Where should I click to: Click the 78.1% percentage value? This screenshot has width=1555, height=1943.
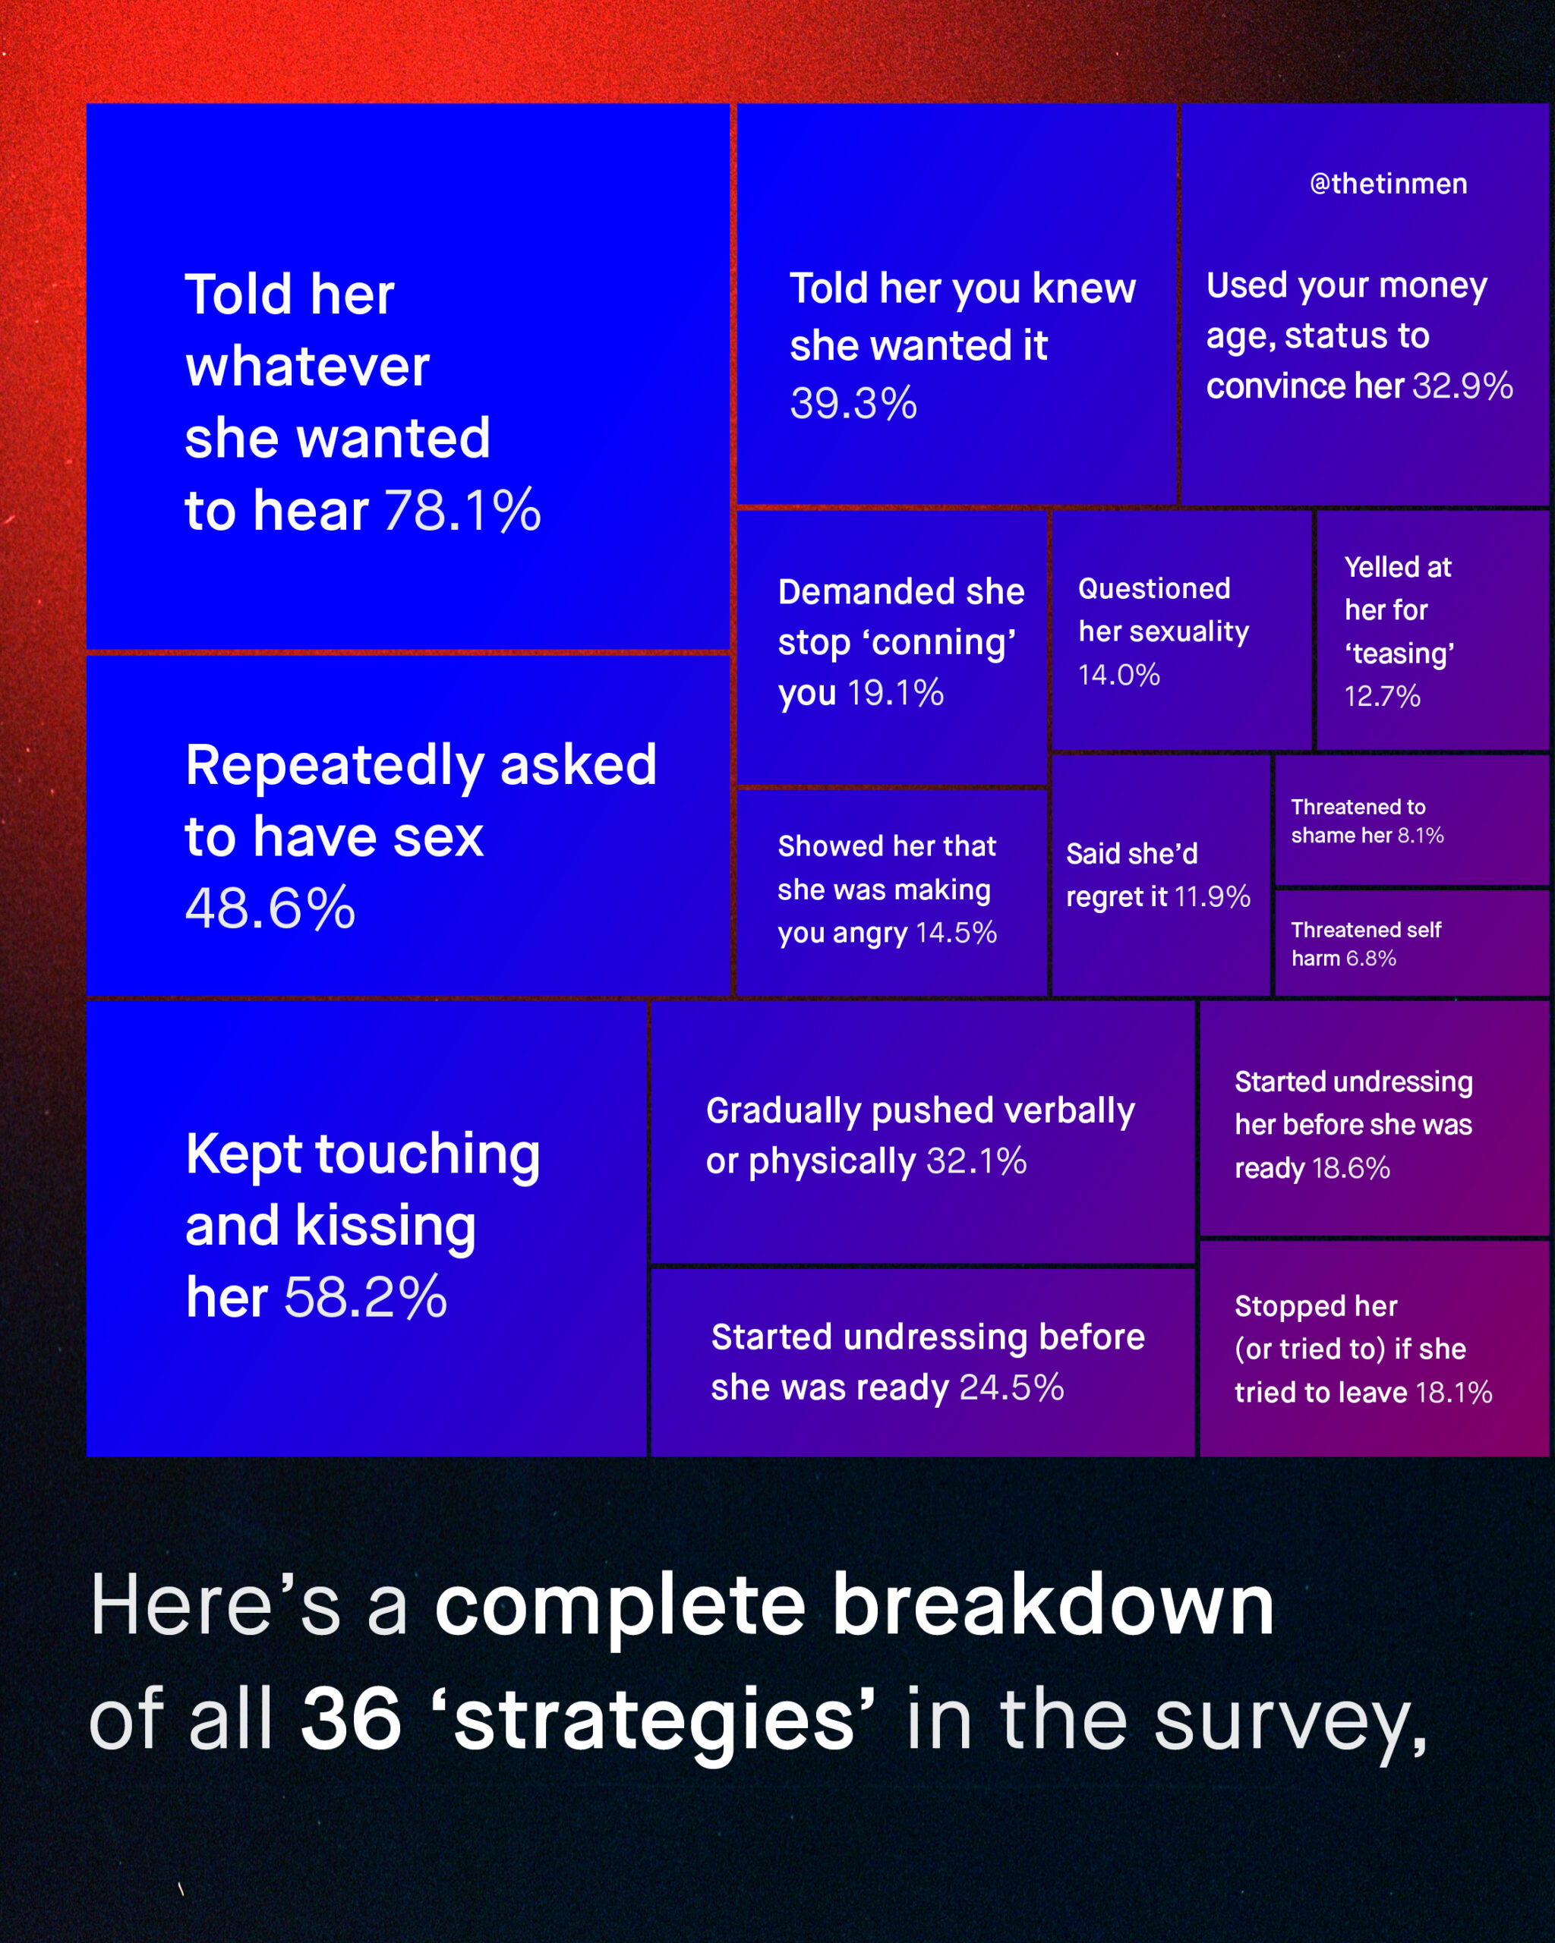coord(462,510)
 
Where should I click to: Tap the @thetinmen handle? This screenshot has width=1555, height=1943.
coord(1388,184)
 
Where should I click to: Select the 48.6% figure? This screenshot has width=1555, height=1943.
coord(270,908)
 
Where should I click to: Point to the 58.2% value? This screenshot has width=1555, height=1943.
coord(366,1297)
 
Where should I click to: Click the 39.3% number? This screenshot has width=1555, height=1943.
coord(853,403)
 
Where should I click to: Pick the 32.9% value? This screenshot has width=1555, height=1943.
coord(1462,386)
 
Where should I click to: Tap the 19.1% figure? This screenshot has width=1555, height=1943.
coord(895,692)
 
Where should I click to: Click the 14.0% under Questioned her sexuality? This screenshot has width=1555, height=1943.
coord(1118,674)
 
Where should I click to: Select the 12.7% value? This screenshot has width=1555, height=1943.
coord(1382,696)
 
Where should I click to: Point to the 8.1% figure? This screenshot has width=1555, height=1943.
coord(1421,836)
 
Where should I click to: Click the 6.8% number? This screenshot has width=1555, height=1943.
coord(1370,958)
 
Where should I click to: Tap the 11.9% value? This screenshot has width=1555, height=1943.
coord(1213,896)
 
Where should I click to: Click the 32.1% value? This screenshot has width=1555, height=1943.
coord(976,1160)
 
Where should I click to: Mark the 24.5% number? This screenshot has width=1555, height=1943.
coord(1011,1387)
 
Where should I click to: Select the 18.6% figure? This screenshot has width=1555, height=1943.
coord(1350,1168)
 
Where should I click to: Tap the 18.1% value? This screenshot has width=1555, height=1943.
coord(1454,1393)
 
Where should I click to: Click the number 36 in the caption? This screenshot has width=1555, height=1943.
coord(351,1718)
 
